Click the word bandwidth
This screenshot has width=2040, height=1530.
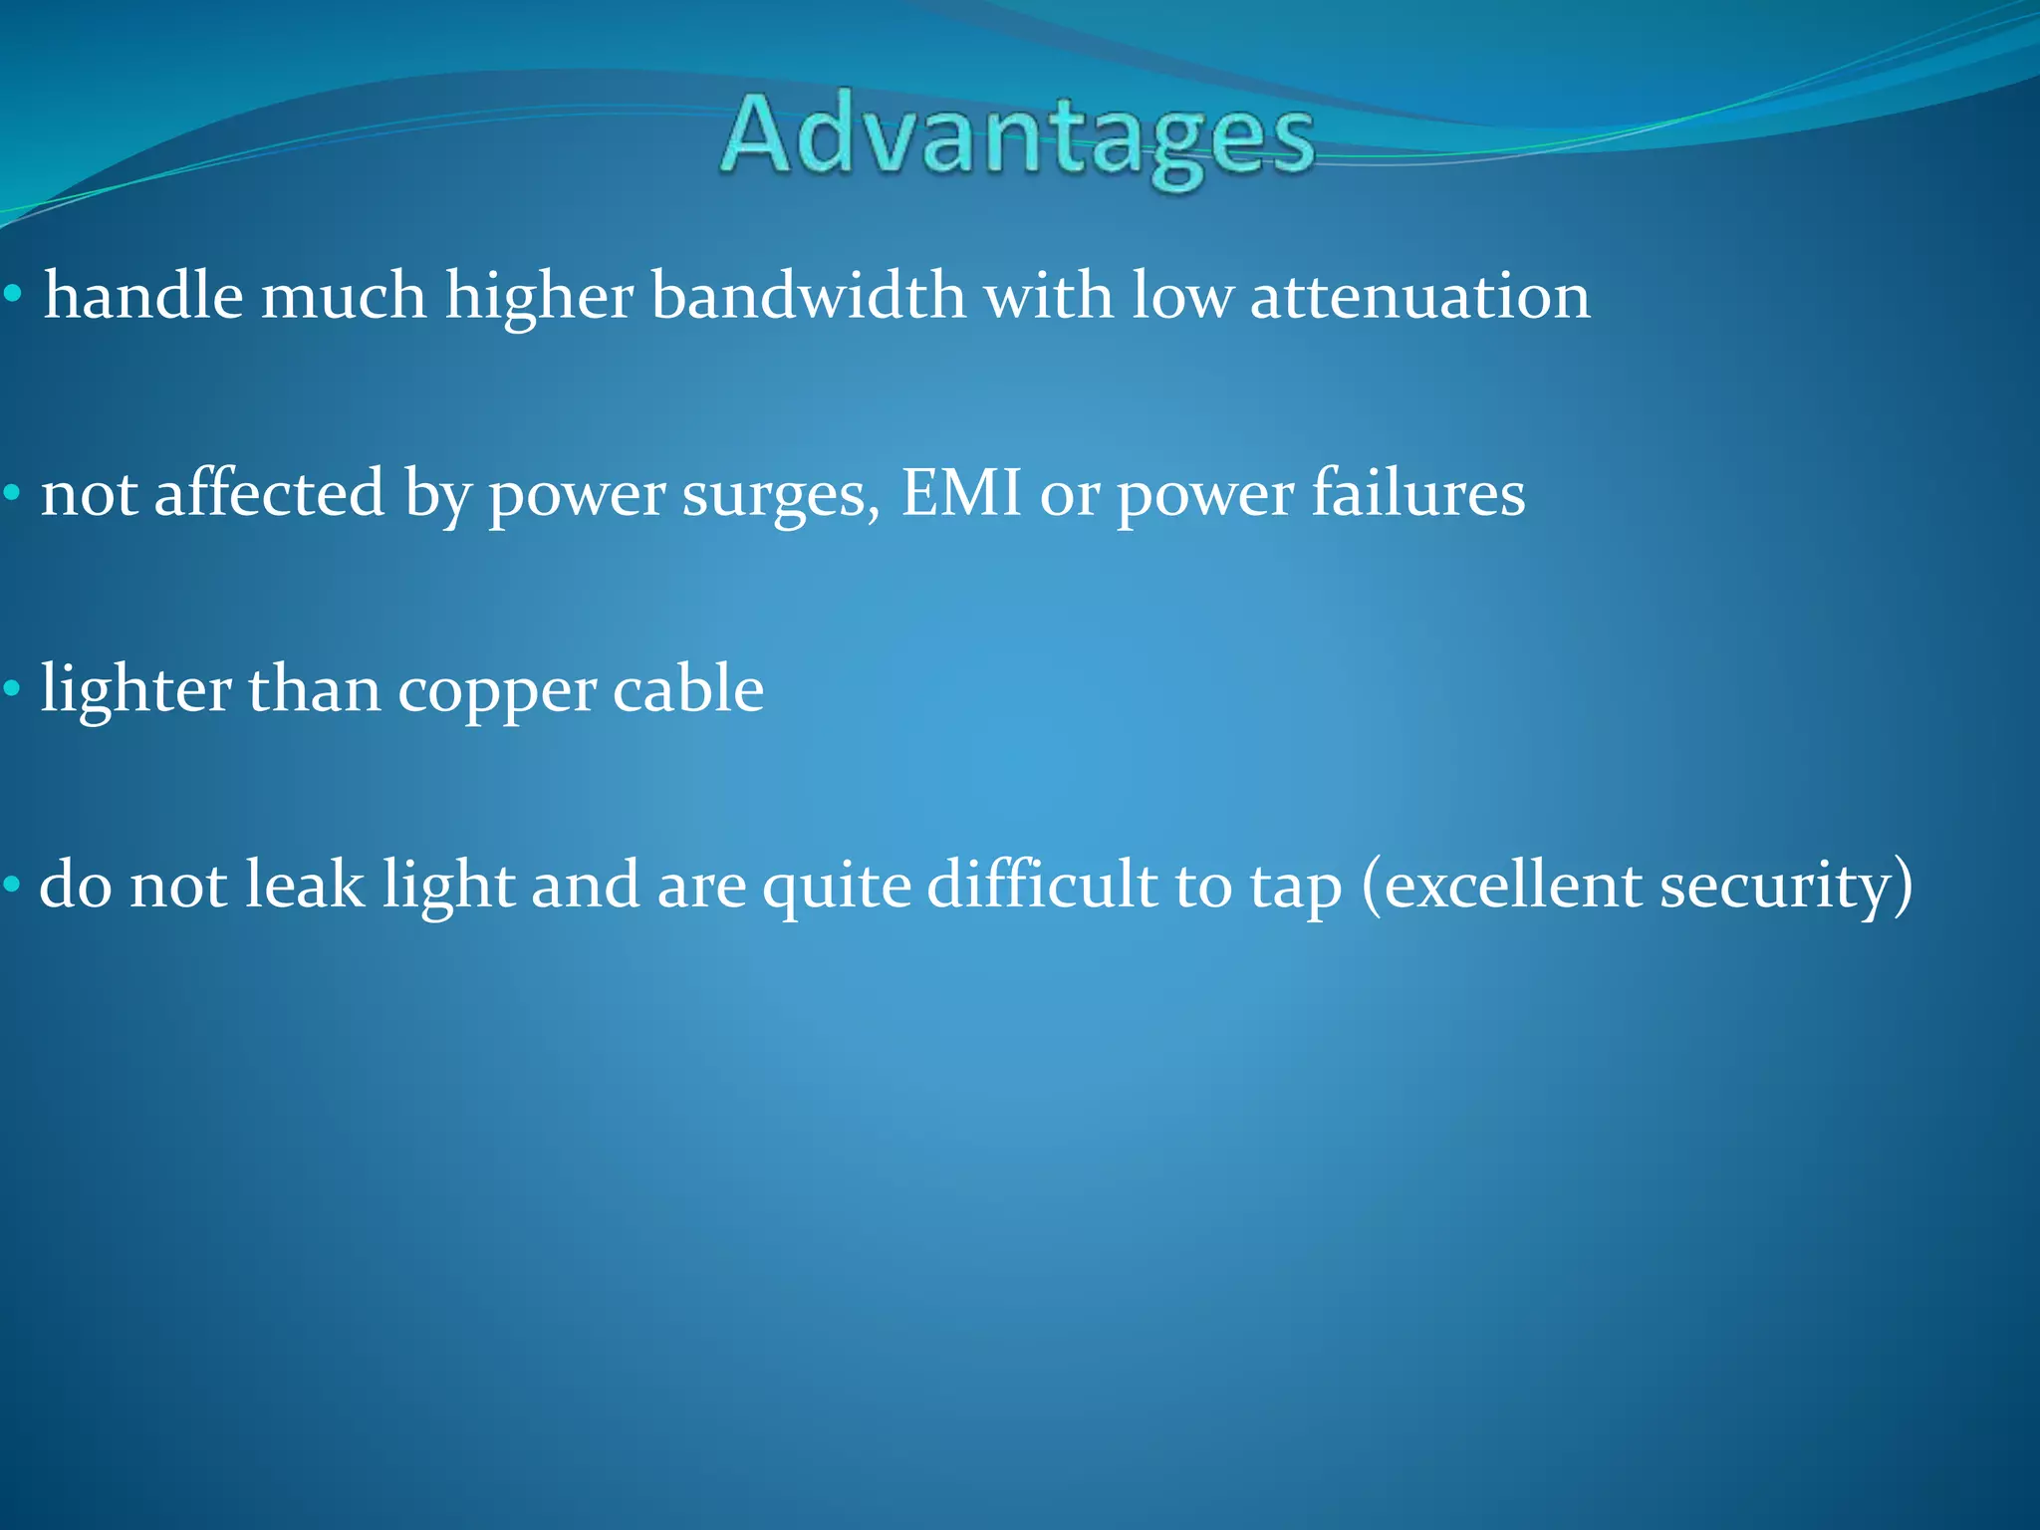tap(808, 297)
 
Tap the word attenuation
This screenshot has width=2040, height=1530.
tap(1419, 297)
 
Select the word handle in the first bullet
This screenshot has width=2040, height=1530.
tap(143, 297)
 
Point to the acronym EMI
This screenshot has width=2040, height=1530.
tap(961, 493)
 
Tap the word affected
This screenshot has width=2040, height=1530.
tap(269, 493)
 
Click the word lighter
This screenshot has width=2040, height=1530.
tap(134, 690)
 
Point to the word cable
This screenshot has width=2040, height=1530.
tap(687, 689)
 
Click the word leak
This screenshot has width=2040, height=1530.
tap(305, 885)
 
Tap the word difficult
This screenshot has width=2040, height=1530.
tap(1041, 885)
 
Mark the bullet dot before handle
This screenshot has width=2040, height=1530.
tap(12, 295)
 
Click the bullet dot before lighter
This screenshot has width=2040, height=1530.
tap(12, 688)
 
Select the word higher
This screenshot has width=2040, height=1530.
tap(539, 297)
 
